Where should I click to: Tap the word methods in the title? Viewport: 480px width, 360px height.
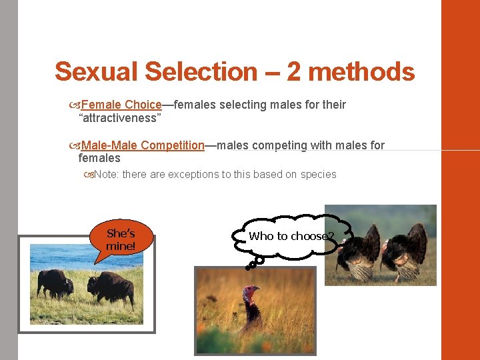coord(364,71)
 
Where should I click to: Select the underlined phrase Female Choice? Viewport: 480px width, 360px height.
coord(121,105)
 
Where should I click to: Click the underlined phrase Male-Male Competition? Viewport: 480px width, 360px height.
coord(143,145)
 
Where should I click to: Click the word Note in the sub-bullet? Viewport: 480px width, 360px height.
coord(106,175)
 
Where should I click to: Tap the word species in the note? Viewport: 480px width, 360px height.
coord(319,175)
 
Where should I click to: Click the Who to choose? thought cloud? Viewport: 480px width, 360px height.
coord(291,236)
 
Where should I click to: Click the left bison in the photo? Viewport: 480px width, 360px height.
coord(55,283)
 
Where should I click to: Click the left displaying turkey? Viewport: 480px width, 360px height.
coord(361,253)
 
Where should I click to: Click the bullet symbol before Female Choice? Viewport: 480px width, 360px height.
coord(74,105)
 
